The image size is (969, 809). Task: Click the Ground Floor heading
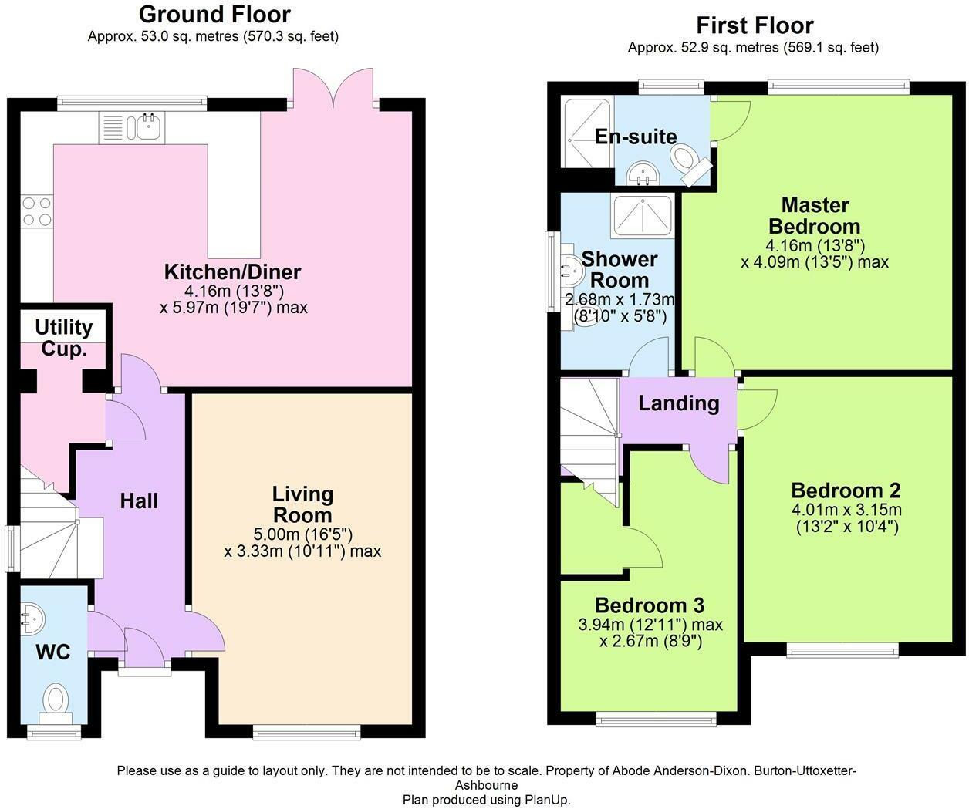[x=214, y=15]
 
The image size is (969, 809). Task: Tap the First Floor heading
[x=755, y=25]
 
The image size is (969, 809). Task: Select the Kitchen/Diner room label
[x=232, y=271]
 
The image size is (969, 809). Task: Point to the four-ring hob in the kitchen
[x=37, y=211]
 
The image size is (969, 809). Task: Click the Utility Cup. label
[x=64, y=338]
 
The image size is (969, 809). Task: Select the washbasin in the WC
[x=32, y=620]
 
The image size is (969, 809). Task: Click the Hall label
[x=139, y=501]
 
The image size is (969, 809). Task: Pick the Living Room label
[x=302, y=504]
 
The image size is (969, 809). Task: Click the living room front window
[x=307, y=733]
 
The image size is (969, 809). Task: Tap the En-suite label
[x=636, y=137]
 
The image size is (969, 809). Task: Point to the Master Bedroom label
[x=815, y=216]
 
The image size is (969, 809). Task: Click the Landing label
[x=679, y=403]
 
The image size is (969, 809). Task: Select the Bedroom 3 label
[x=650, y=605]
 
